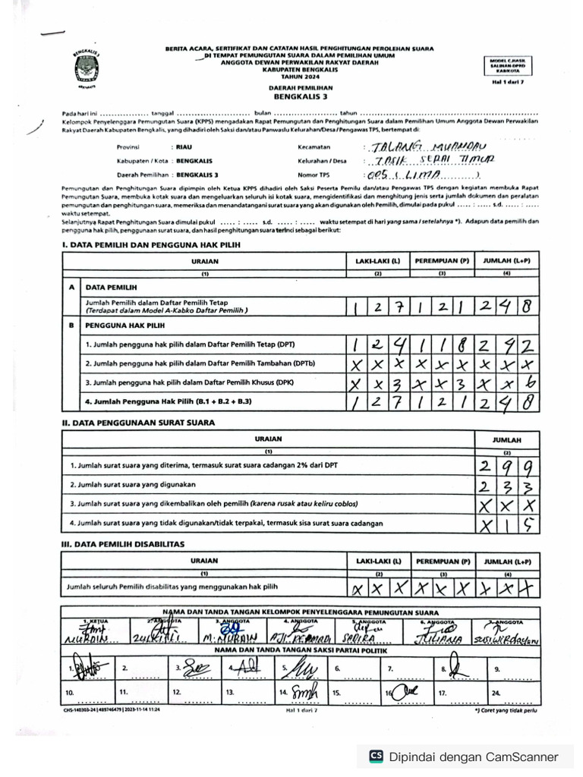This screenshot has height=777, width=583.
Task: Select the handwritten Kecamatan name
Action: (430, 146)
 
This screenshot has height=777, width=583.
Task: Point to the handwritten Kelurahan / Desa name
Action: (430, 160)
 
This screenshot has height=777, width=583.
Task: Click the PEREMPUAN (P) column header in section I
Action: (442, 260)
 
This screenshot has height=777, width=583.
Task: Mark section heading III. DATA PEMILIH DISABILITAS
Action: (123, 544)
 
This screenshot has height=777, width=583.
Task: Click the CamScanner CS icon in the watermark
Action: (376, 756)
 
